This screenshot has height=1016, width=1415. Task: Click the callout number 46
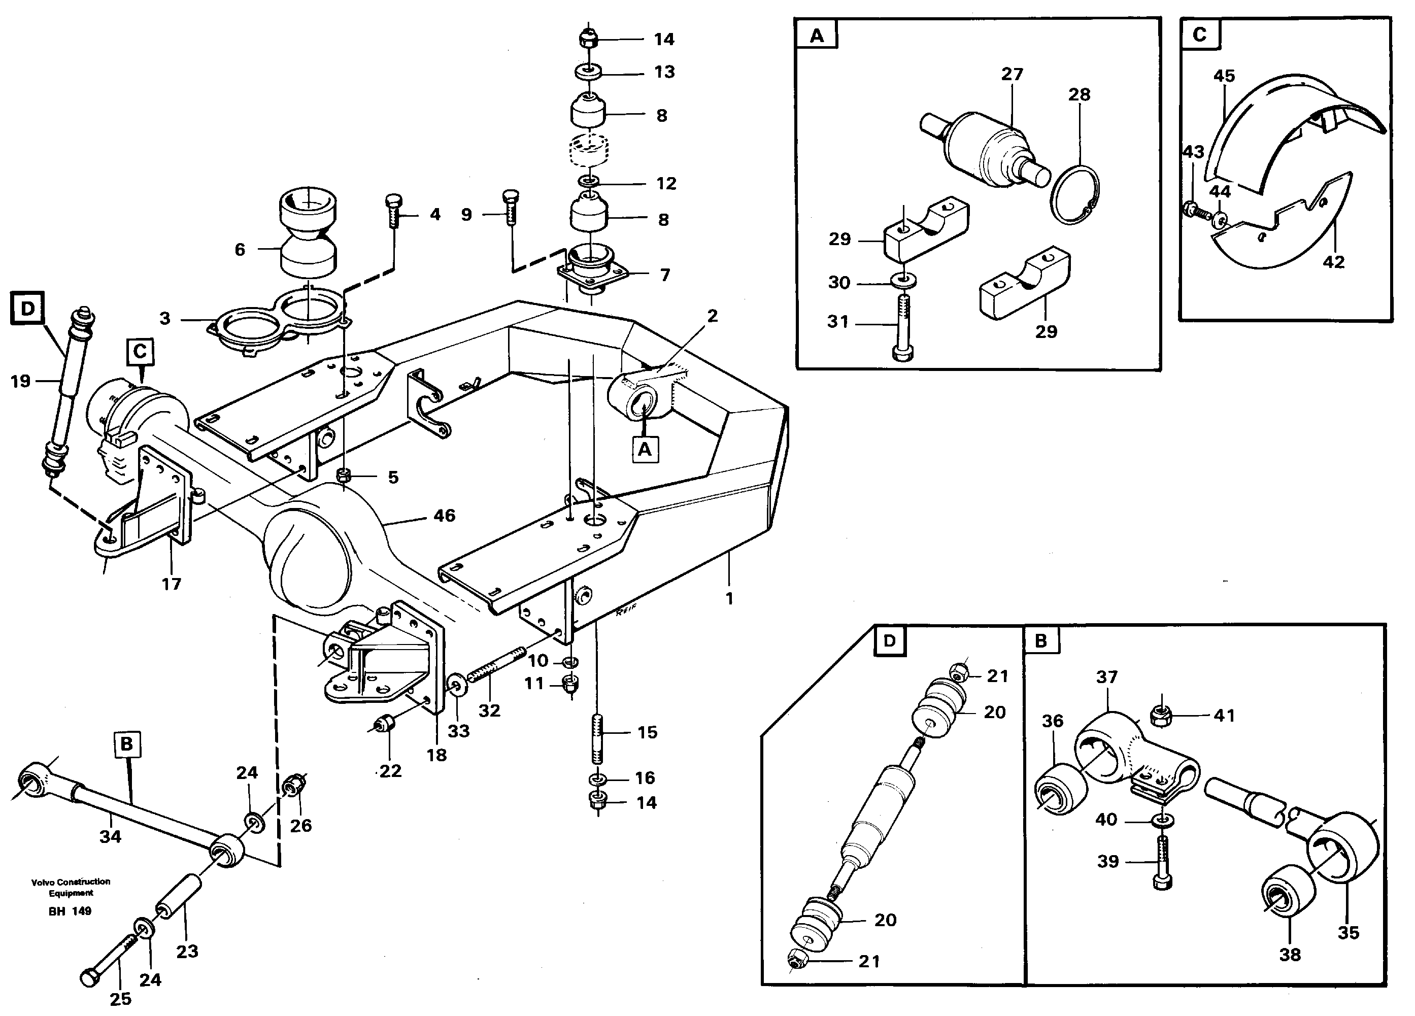coord(444,516)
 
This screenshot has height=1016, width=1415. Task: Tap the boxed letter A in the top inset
coord(817,36)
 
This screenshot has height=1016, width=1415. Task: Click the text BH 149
coord(70,911)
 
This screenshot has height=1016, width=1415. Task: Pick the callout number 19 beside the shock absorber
coord(21,381)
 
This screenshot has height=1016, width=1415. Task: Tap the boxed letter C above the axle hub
coord(140,352)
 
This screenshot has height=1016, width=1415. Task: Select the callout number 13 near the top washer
coord(664,73)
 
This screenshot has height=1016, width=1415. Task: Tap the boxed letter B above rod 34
coord(127,744)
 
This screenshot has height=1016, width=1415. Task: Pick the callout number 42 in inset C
coord(1333,262)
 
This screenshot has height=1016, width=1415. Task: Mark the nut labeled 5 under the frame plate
coord(343,476)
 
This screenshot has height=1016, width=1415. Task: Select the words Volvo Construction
coord(71,882)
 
